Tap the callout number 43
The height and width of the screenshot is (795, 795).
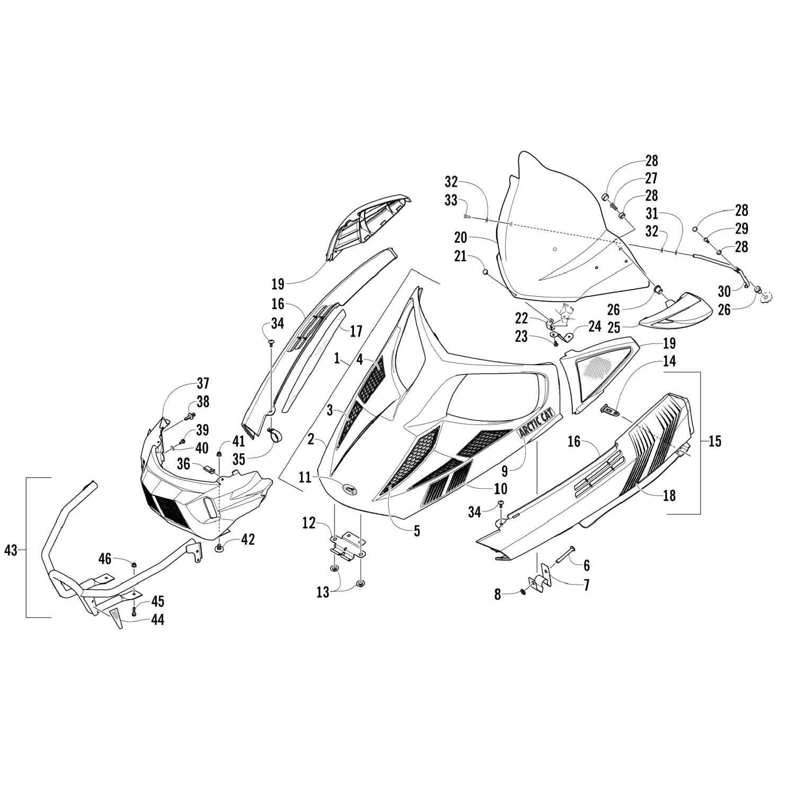tap(11, 551)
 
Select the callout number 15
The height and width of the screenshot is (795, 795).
tap(715, 441)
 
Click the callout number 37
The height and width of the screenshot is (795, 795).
tap(203, 383)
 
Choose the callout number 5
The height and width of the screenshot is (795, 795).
tap(417, 531)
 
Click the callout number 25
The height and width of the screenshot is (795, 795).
tap(614, 328)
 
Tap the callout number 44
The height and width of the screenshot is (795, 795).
tap(157, 619)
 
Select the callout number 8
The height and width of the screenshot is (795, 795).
tap(498, 594)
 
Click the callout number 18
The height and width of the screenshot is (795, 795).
tap(669, 495)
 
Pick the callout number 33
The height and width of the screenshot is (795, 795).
tap(451, 201)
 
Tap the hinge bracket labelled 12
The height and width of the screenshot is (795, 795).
tap(348, 546)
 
